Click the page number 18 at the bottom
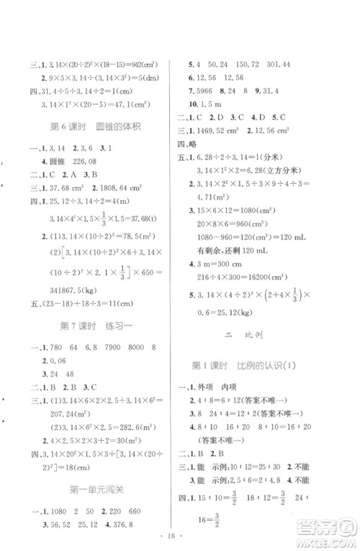click(x=180, y=538)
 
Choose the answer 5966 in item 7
click(x=207, y=91)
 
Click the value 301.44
click(x=300, y=63)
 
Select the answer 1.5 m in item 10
click(x=210, y=104)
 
